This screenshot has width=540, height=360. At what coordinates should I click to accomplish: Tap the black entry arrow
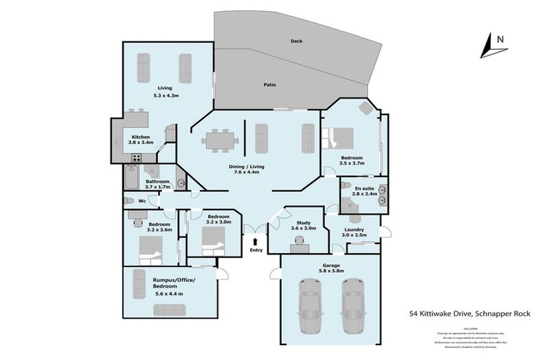click(255, 243)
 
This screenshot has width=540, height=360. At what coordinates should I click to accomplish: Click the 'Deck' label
click(296, 41)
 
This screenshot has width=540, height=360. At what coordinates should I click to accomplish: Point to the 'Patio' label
click(270, 85)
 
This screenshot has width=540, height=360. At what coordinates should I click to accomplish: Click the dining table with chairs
click(219, 141)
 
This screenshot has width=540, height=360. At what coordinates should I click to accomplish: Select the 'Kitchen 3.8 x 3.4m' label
click(141, 139)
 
